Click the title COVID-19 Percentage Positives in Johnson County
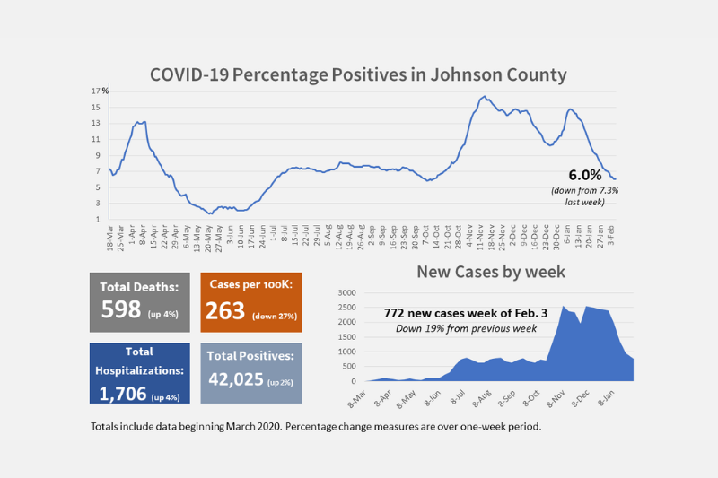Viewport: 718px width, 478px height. click(358, 74)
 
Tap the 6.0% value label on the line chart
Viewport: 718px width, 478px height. click(584, 175)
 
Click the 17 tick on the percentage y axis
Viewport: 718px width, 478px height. click(94, 91)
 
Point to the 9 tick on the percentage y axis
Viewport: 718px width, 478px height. click(96, 155)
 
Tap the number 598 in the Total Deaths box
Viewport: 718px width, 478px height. click(121, 309)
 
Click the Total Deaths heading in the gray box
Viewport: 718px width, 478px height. click(139, 288)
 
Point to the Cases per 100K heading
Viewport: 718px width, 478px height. click(250, 284)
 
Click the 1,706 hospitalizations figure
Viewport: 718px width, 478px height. click(122, 392)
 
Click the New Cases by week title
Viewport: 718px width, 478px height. click(490, 271)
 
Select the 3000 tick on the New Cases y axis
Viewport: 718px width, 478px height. click(346, 293)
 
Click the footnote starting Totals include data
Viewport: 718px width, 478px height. click(316, 426)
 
